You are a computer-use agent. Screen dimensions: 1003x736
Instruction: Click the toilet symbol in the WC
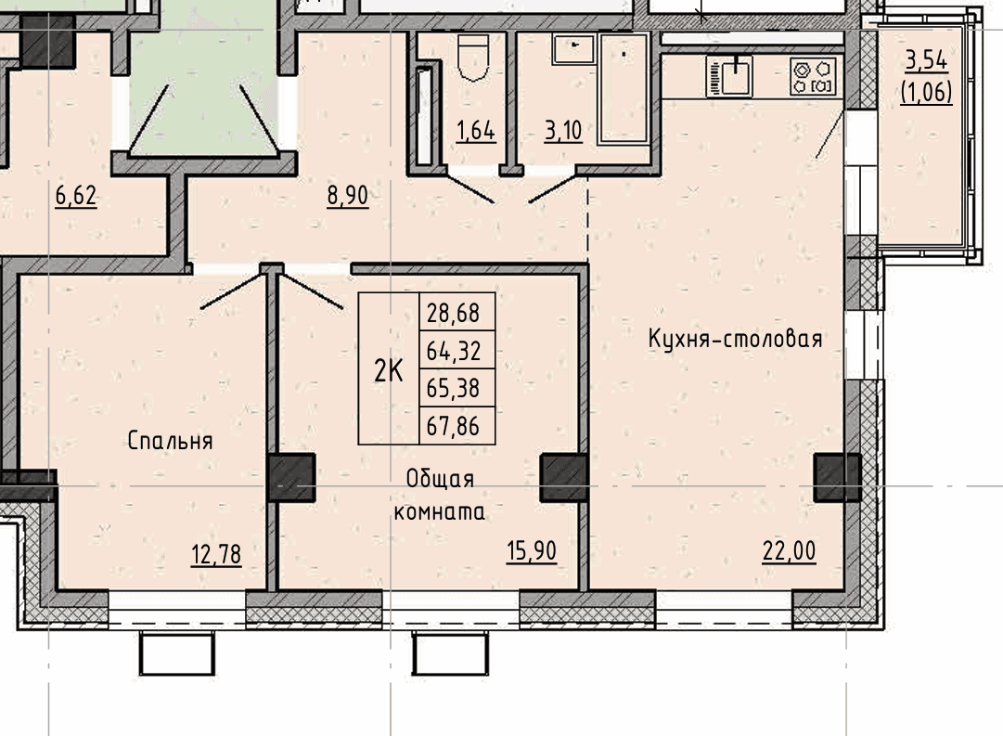coord(473,57)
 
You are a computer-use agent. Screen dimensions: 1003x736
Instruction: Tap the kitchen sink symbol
coord(730,75)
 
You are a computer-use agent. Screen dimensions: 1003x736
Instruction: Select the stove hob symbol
coord(813,77)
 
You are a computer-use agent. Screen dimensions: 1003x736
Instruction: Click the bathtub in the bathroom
coord(624,88)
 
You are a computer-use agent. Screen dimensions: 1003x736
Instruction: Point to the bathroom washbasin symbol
coord(573,48)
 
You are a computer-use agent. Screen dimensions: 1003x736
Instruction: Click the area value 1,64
coord(476,131)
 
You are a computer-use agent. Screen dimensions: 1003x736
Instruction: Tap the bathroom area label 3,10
coord(563,131)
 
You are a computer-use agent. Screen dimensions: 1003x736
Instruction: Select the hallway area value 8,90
coord(347,196)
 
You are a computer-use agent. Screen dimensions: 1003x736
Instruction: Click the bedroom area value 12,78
coord(216,554)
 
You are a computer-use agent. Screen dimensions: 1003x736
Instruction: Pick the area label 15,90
coord(532,551)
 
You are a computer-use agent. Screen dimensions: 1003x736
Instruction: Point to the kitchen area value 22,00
coord(790,551)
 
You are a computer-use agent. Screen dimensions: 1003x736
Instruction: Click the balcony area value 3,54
coord(926,61)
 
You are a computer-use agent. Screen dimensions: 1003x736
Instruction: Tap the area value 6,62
coord(76,196)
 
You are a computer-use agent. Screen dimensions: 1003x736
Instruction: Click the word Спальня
coord(170,441)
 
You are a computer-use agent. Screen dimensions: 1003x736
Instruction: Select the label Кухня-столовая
coord(736,339)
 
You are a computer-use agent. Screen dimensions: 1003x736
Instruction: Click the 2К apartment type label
coord(388,370)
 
